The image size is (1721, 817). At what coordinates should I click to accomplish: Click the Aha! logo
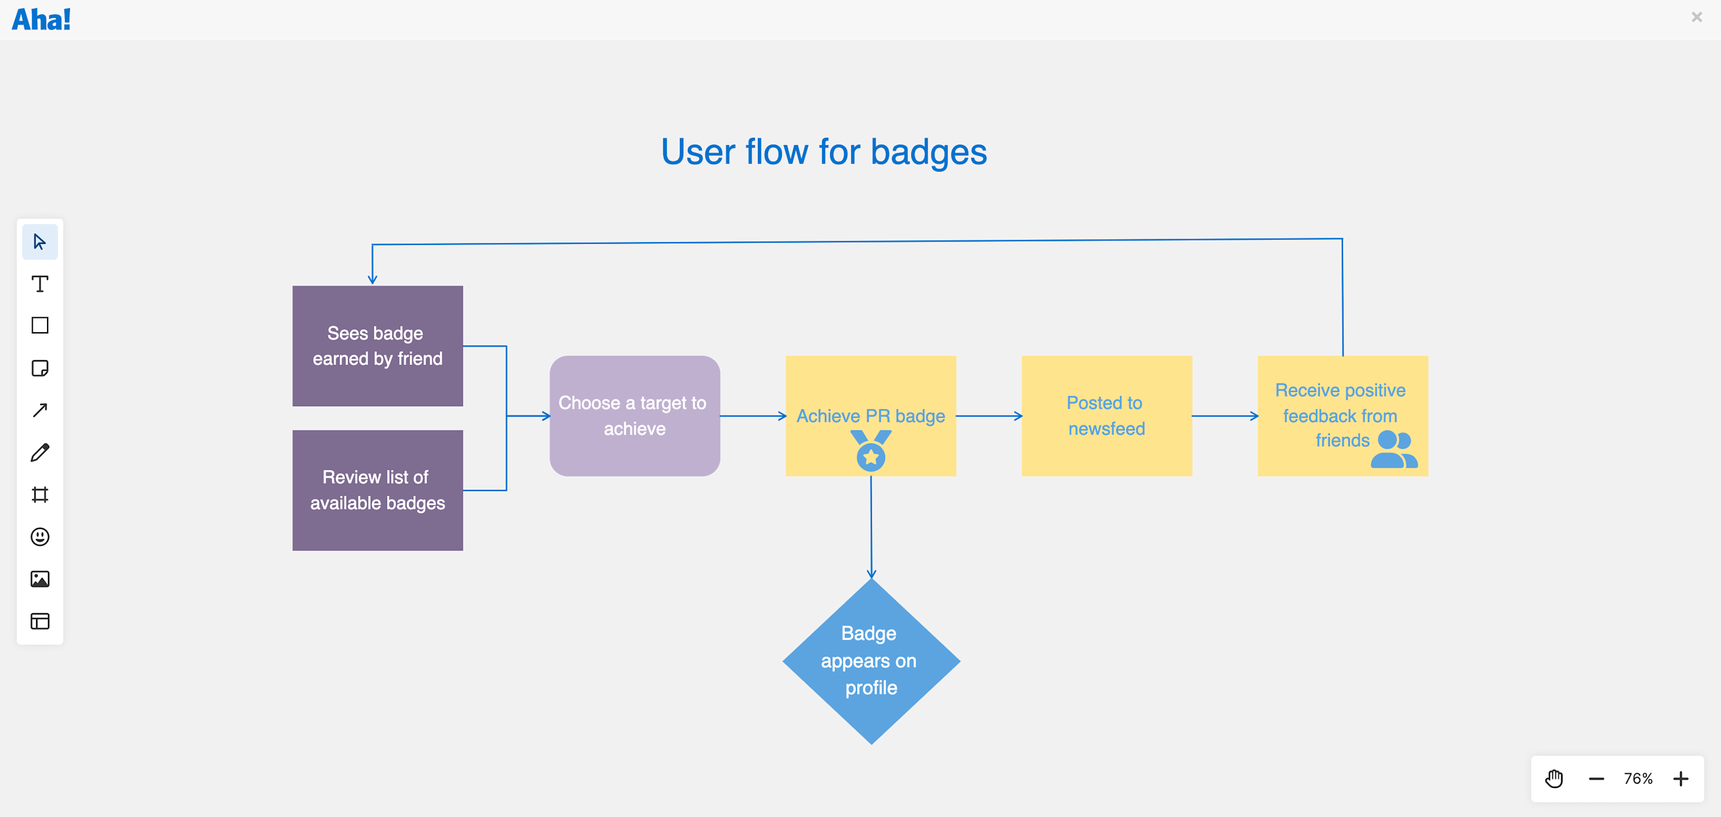pyautogui.click(x=41, y=20)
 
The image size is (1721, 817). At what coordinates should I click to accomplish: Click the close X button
pyautogui.click(x=1696, y=17)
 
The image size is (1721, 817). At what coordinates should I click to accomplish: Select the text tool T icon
pyautogui.click(x=40, y=284)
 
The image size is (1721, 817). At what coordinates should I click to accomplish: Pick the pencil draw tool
pyautogui.click(x=40, y=452)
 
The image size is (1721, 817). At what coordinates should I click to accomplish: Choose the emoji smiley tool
pyautogui.click(x=40, y=536)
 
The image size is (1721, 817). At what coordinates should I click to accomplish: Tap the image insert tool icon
pyautogui.click(x=40, y=578)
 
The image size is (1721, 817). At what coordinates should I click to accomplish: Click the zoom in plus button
pyautogui.click(x=1680, y=778)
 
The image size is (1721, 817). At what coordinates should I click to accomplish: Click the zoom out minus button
pyautogui.click(x=1596, y=778)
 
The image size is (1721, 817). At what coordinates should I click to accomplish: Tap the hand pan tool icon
pyautogui.click(x=1554, y=778)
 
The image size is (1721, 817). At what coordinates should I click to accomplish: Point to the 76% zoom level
pyautogui.click(x=1638, y=778)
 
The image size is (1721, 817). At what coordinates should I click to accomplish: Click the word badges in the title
pyautogui.click(x=928, y=152)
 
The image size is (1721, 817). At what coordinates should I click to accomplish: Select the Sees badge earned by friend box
pyautogui.click(x=377, y=345)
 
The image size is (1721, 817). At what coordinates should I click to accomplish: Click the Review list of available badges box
pyautogui.click(x=377, y=489)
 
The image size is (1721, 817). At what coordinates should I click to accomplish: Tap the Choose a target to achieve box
pyautogui.click(x=634, y=415)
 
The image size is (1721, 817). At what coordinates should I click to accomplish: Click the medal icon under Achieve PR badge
pyautogui.click(x=870, y=451)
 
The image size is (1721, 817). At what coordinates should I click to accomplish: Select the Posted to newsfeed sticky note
pyautogui.click(x=1107, y=415)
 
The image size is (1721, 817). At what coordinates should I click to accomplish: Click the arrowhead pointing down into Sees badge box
pyautogui.click(x=373, y=279)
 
